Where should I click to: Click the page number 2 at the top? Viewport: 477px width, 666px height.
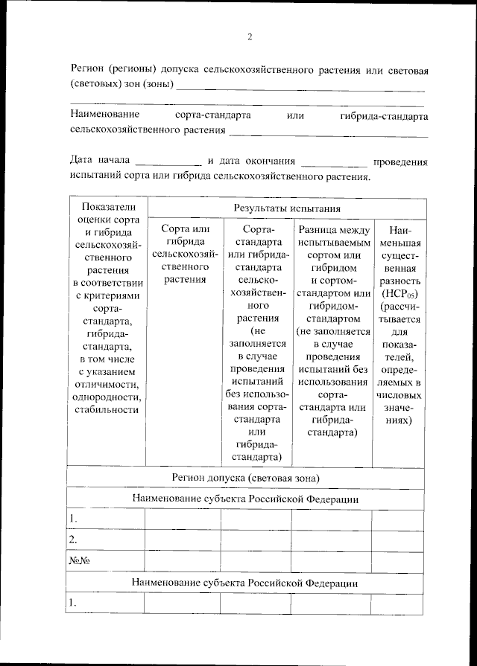(250, 36)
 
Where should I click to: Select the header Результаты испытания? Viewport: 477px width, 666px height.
(287, 209)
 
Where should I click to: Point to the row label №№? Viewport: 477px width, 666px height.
(75, 560)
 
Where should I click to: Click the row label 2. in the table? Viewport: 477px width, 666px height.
(73, 539)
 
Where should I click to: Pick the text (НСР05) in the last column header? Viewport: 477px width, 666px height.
(399, 292)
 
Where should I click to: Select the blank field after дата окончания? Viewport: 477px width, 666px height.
(335, 161)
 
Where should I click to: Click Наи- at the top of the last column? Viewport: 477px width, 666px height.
(399, 231)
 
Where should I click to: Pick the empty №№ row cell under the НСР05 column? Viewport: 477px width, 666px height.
(399, 560)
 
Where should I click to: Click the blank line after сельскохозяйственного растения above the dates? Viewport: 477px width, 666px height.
(328, 133)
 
